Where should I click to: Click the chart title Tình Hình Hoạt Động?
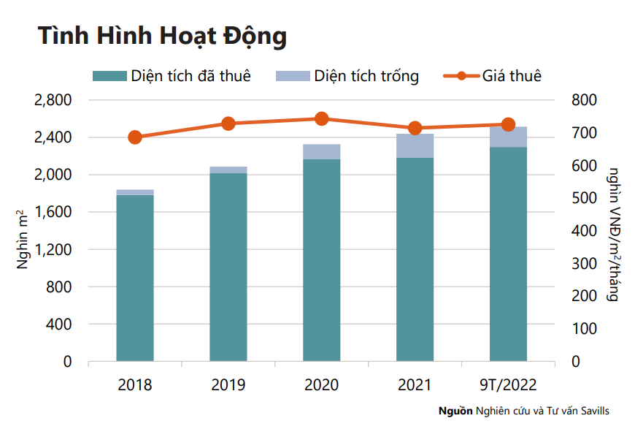(162, 36)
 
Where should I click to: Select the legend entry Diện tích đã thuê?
(172, 76)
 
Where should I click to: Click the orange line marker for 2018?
(135, 137)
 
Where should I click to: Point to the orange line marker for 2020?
(322, 119)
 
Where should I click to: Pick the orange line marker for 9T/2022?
(508, 125)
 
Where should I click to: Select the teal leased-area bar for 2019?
(228, 267)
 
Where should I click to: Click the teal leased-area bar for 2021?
(415, 259)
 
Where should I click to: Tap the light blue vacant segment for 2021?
(415, 145)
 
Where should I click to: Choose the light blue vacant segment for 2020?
(322, 151)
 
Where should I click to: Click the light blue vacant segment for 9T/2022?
(508, 137)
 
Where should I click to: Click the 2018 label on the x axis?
(135, 384)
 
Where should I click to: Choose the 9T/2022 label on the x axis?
(508, 384)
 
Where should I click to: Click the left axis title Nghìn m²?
(22, 238)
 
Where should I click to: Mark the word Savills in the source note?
(592, 411)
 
